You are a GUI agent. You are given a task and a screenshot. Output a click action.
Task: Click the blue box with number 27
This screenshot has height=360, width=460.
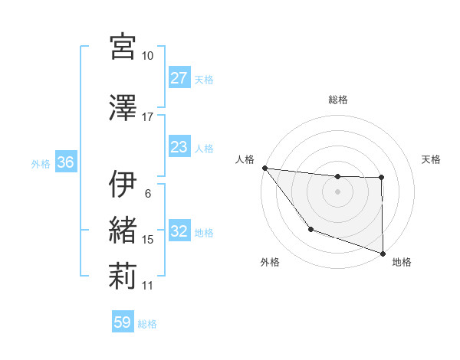tap(179, 78)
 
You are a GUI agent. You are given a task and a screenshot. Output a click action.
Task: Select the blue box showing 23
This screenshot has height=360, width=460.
tap(179, 147)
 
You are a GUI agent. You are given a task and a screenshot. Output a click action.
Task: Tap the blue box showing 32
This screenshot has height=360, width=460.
tap(179, 232)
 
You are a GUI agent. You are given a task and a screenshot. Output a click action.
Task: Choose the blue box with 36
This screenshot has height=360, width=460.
tap(65, 163)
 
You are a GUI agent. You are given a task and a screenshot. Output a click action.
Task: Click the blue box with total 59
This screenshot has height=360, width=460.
tap(123, 322)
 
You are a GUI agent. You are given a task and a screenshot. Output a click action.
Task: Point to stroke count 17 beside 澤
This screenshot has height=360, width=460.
tap(148, 117)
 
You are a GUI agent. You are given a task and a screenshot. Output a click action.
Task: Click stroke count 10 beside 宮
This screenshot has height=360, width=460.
tap(148, 56)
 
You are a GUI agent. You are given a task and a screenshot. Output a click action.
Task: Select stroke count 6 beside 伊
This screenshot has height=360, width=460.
tap(148, 193)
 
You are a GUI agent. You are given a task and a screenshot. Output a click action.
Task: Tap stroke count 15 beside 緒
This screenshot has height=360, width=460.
tap(148, 240)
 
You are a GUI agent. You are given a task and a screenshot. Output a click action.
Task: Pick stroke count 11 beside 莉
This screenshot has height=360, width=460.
tap(148, 286)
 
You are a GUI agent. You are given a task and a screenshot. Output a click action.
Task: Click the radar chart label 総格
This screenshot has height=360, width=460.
tap(338, 100)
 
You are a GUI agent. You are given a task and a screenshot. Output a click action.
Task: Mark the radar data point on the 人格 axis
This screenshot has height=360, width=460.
tap(264, 168)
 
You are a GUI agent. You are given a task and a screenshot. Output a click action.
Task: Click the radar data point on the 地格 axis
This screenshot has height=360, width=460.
tap(383, 253)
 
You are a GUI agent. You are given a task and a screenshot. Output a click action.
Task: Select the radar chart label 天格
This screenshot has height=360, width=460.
tap(432, 159)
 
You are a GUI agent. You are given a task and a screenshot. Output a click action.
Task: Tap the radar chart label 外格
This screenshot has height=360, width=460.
tap(270, 263)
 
